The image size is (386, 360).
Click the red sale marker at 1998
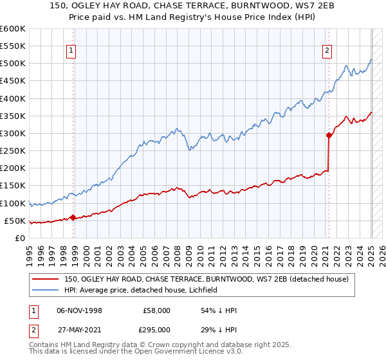tap(73, 217)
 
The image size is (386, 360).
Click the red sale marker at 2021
tap(329, 135)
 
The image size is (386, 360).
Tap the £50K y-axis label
tap(15, 221)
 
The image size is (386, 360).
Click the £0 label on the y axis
tap(20, 238)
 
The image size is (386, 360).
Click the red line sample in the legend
tap(46, 279)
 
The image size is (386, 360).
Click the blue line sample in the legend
tap(46, 290)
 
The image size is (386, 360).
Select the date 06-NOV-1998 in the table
tap(79, 310)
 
